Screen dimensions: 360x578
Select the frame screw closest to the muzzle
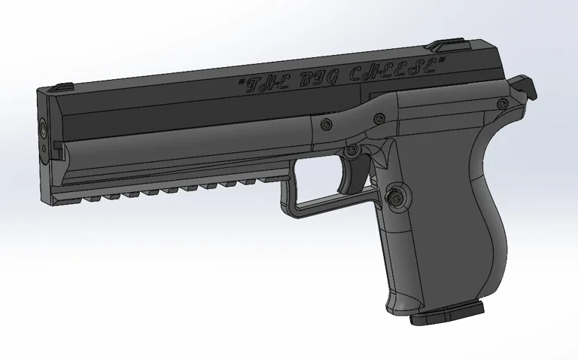point(324,124)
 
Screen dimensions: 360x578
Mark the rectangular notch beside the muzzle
point(59,145)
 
